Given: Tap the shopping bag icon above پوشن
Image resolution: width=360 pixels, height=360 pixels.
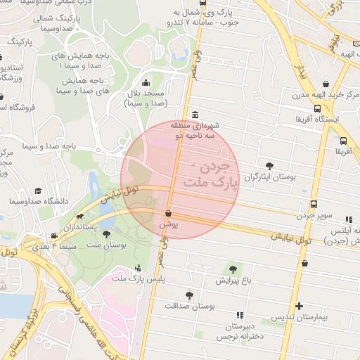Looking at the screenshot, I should pyautogui.click(x=169, y=213).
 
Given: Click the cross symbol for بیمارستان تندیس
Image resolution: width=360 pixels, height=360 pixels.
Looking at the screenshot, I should pyautogui.click(x=300, y=306).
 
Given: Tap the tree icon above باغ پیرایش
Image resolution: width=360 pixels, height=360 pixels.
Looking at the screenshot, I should pyautogui.click(x=232, y=269).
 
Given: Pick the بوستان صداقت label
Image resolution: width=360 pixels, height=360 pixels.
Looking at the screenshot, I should pyautogui.click(x=188, y=306).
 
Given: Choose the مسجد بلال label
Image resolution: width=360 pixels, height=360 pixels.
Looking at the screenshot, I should pyautogui.click(x=145, y=98).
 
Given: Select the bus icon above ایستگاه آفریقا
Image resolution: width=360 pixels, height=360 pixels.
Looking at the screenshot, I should pyautogui.click(x=318, y=109).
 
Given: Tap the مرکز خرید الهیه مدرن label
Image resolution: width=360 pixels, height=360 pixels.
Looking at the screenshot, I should pyautogui.click(x=316, y=95).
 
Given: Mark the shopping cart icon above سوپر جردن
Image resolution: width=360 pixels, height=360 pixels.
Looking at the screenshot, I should pyautogui.click(x=314, y=205).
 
